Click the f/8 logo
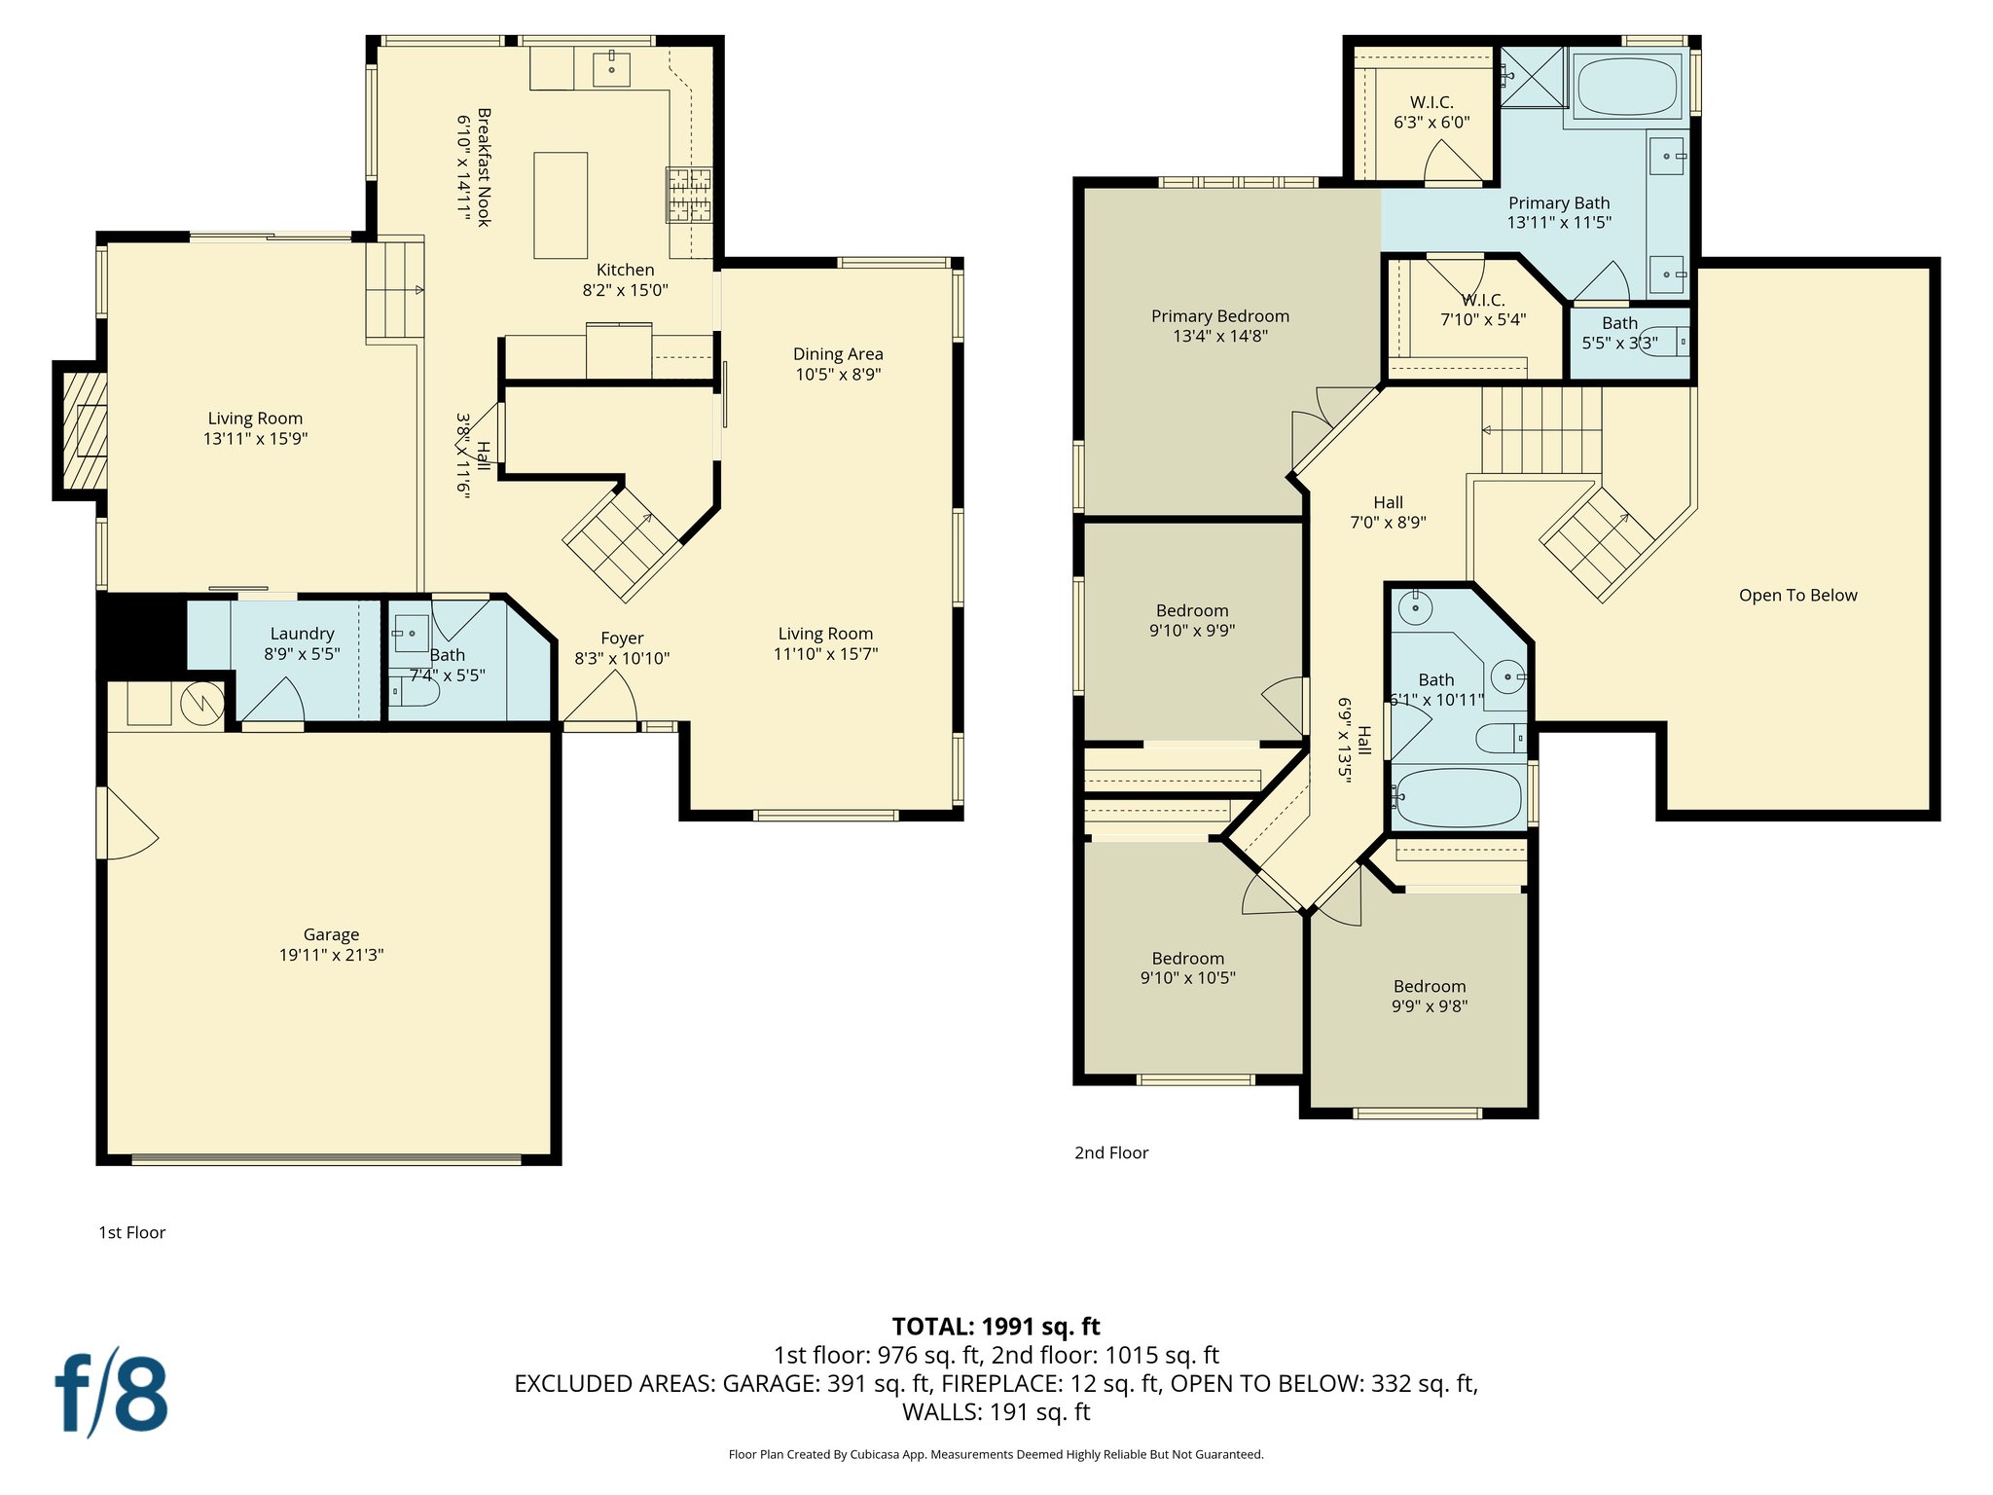pos(110,1393)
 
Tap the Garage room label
pos(331,934)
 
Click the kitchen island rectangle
pos(561,205)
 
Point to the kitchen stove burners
pos(689,195)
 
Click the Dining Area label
pos(838,354)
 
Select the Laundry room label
pos(302,634)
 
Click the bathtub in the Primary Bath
pos(1627,87)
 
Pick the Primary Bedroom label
pos(1220,316)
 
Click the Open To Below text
pos(1797,596)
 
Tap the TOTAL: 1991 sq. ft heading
pos(996,1327)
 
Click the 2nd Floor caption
pos(1111,1153)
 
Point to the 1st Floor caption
pos(132,1233)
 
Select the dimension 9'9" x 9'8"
pos(1429,1006)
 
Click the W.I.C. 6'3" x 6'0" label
pos(1431,112)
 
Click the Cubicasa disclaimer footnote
pos(996,1455)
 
